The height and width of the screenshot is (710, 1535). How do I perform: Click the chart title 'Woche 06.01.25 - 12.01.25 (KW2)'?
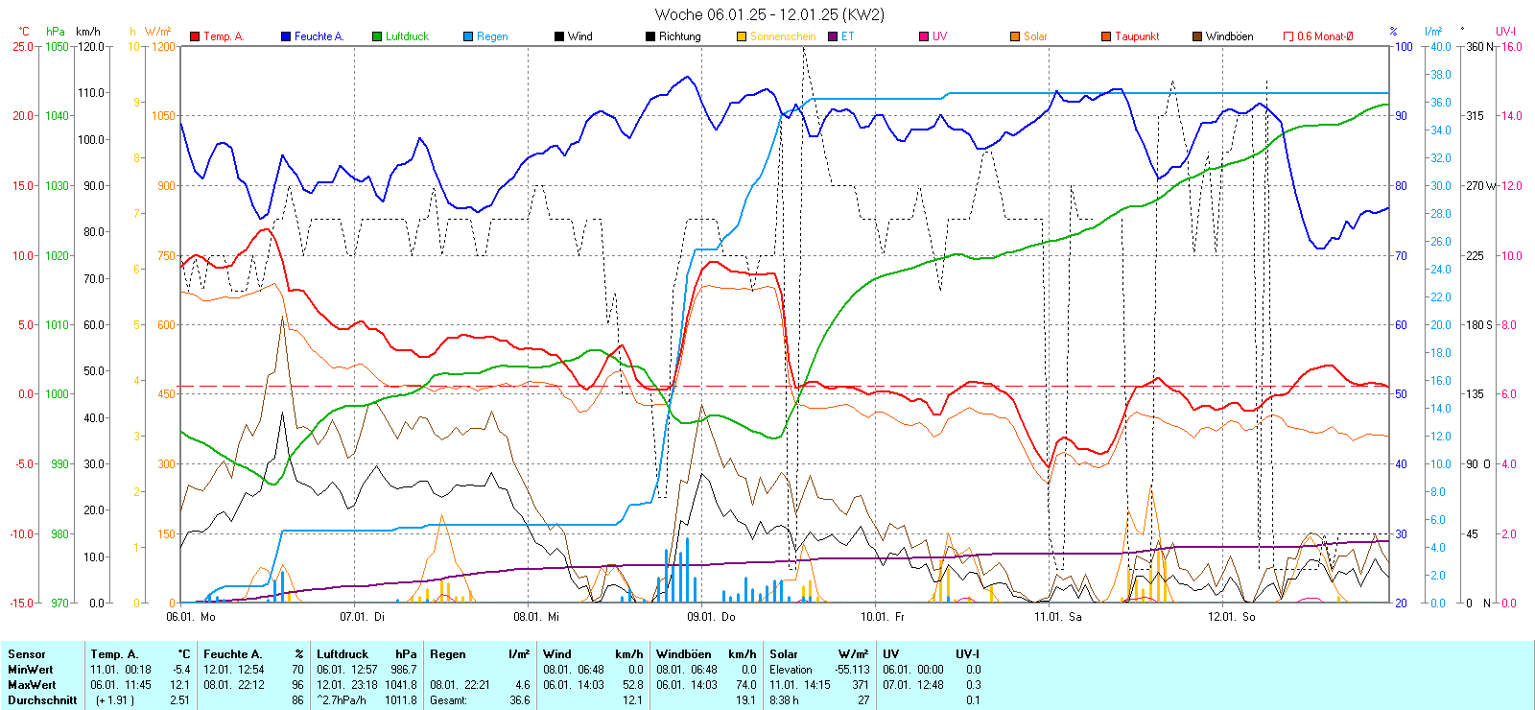pos(769,14)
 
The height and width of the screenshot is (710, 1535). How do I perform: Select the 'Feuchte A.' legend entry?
pos(319,36)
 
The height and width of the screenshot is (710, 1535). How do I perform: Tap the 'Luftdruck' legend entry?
pos(407,36)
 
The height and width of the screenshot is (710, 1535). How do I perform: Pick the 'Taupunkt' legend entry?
pos(1137,36)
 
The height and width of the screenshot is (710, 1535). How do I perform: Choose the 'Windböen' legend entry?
pos(1229,36)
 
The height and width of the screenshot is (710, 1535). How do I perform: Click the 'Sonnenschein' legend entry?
pos(782,36)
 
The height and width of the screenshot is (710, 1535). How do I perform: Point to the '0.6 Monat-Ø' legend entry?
pos(1325,36)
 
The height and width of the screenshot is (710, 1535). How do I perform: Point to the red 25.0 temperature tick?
pos(22,46)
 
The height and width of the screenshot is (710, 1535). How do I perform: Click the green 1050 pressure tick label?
pos(58,46)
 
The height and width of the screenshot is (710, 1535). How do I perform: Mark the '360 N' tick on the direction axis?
pos(1479,46)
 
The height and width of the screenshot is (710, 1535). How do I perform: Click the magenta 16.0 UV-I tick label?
pos(1511,46)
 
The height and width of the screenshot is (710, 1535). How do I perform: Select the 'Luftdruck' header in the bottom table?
pos(342,654)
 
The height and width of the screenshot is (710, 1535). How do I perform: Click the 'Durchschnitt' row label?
pos(42,700)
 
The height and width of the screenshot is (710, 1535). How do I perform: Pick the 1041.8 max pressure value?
pos(403,685)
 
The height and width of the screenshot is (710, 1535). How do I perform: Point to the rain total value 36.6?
pos(519,700)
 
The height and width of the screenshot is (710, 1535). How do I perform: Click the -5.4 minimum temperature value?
pos(181,670)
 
